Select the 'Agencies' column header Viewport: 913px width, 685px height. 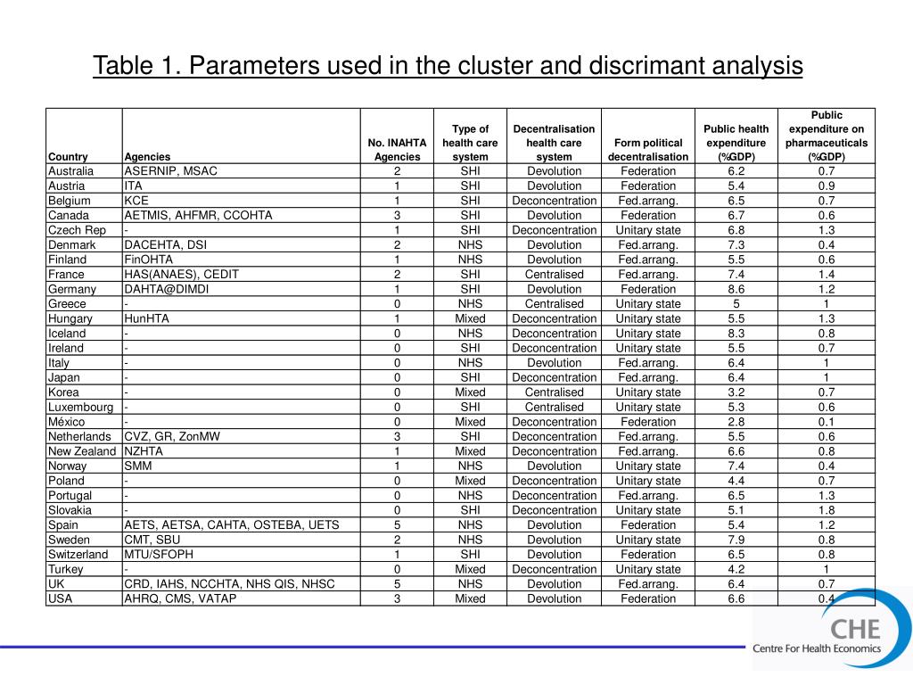click(x=147, y=157)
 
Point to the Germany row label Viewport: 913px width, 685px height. click(x=72, y=289)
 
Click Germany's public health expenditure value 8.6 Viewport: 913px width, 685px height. click(x=736, y=289)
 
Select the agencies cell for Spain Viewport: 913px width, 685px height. click(x=232, y=524)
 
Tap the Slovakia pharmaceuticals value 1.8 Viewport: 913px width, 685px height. click(x=827, y=510)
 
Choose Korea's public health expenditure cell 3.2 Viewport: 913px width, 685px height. click(x=736, y=392)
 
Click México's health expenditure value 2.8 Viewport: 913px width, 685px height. click(x=736, y=421)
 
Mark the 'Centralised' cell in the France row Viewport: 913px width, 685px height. click(x=554, y=274)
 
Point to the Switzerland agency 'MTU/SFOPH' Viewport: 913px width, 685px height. click(x=160, y=554)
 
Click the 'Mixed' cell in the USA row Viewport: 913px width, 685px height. click(x=470, y=598)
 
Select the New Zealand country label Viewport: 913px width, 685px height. click(x=82, y=450)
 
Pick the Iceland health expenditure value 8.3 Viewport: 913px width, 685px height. click(x=736, y=333)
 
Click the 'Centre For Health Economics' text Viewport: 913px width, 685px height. click(x=816, y=648)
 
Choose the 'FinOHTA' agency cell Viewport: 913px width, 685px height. click(x=149, y=260)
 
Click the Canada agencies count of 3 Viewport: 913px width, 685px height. click(x=397, y=215)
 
